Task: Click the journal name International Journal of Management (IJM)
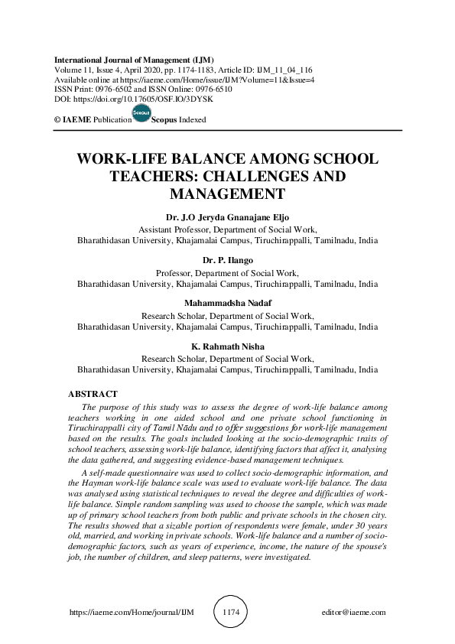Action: click(x=134, y=60)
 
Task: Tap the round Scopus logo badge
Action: click(x=141, y=115)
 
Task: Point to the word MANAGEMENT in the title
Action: click(x=227, y=194)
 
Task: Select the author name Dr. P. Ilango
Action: click(x=227, y=261)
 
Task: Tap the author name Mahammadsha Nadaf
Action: click(x=227, y=304)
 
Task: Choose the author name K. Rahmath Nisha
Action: click(x=227, y=346)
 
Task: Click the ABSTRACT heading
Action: click(x=93, y=394)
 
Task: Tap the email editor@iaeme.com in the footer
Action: click(x=354, y=613)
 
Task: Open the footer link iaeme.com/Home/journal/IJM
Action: click(x=132, y=613)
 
